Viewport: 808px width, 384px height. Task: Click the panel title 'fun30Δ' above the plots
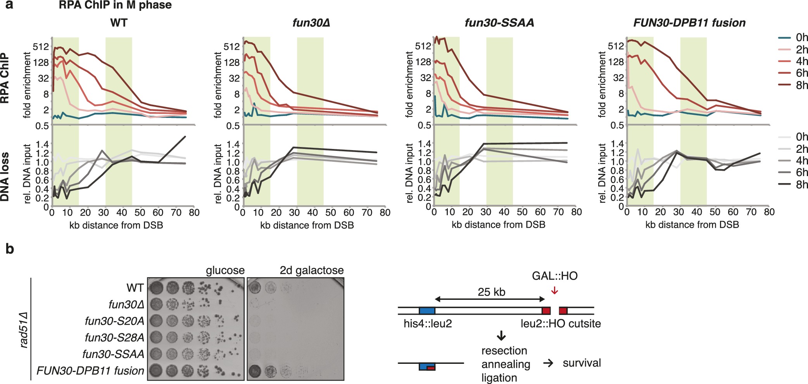pyautogui.click(x=311, y=23)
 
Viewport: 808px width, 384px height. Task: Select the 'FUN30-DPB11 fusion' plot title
pyautogui.click(x=689, y=23)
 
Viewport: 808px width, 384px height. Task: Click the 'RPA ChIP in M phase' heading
pyautogui.click(x=115, y=5)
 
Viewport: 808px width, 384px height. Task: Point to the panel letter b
pyautogui.click(x=10, y=249)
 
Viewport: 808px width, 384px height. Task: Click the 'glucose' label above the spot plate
pyautogui.click(x=225, y=270)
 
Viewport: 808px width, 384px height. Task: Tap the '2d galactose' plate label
pyautogui.click(x=312, y=270)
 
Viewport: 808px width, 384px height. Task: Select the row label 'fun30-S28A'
pyautogui.click(x=114, y=337)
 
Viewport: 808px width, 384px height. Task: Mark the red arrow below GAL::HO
pyautogui.click(x=554, y=290)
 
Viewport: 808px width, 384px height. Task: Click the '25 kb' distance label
pyautogui.click(x=491, y=292)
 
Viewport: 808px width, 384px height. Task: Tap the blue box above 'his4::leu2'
pyautogui.click(x=427, y=311)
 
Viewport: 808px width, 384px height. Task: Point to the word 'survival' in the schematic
pyautogui.click(x=582, y=363)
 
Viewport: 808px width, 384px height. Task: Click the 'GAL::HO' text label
pyautogui.click(x=554, y=276)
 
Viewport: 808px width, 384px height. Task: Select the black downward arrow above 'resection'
pyautogui.click(x=501, y=336)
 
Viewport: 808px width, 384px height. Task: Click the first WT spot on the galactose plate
pyautogui.click(x=254, y=288)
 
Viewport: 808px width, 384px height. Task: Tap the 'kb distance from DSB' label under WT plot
pyautogui.click(x=116, y=225)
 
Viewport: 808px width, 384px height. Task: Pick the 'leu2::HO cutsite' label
pyautogui.click(x=561, y=323)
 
